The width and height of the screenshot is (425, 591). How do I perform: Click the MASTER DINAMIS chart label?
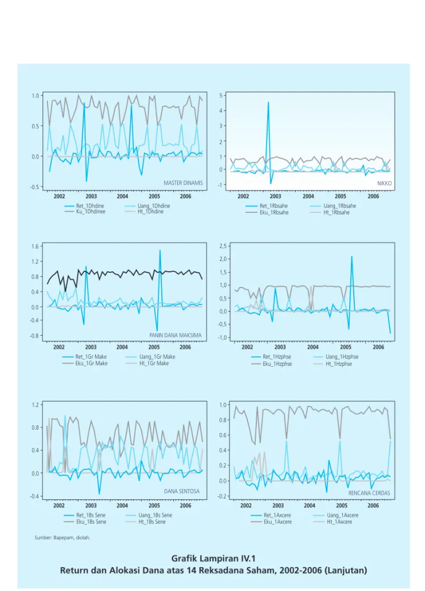pos(183,183)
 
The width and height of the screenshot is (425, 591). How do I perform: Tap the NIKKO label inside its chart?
pos(384,183)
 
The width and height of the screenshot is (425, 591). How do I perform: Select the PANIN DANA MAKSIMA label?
pos(175,335)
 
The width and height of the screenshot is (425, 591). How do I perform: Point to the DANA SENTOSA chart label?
pos(182,491)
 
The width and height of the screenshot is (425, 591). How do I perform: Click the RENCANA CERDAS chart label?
pos(369,493)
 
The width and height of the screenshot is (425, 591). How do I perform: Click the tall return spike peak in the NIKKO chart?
pos(268,102)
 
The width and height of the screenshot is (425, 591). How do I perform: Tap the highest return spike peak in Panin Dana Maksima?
pos(160,250)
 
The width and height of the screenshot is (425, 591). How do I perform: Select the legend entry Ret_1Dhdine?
pos(84,206)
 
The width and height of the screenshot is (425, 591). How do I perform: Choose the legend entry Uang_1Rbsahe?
pos(333,206)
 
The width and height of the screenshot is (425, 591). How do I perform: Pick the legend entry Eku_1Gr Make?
pos(85,363)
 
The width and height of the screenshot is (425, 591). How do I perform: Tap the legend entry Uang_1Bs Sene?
pos(149,515)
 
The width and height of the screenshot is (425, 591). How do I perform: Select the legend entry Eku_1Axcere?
pos(272,522)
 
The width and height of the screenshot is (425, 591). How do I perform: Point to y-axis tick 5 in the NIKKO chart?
pos(221,95)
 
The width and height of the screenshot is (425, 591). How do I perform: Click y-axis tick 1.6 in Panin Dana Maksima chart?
pos(35,246)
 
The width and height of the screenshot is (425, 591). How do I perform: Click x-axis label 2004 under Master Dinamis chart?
pos(122,196)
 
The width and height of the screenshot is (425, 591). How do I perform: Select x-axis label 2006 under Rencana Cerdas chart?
pos(373,506)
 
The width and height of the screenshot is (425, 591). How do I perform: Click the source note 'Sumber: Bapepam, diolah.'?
pos(63,537)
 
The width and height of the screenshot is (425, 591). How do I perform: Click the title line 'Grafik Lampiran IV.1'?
pos(213,558)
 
